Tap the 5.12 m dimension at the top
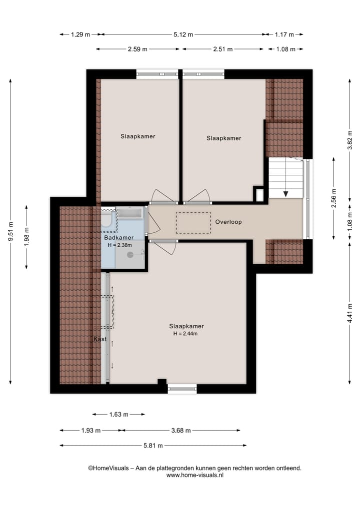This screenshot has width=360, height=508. click(x=183, y=34)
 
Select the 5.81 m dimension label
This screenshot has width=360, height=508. click(x=153, y=446)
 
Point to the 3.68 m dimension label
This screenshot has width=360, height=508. click(x=181, y=430)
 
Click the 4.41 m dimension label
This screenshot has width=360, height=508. click(x=349, y=313)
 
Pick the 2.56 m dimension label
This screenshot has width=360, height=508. click(x=334, y=198)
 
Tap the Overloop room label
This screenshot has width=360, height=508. click(x=228, y=222)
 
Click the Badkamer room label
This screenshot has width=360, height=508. click(x=118, y=237)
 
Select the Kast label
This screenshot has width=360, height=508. click(x=100, y=339)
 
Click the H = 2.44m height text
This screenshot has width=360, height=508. click(x=185, y=333)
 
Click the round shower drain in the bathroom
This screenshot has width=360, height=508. click(x=130, y=255)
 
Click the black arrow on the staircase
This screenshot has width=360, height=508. click(x=285, y=193)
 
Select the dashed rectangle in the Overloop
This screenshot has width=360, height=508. click(x=193, y=223)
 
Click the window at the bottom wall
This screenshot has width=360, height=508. click(x=182, y=389)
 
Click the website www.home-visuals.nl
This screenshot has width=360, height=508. click(x=195, y=475)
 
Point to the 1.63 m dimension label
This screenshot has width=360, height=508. click(x=118, y=415)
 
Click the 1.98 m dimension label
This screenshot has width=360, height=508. click(x=26, y=237)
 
